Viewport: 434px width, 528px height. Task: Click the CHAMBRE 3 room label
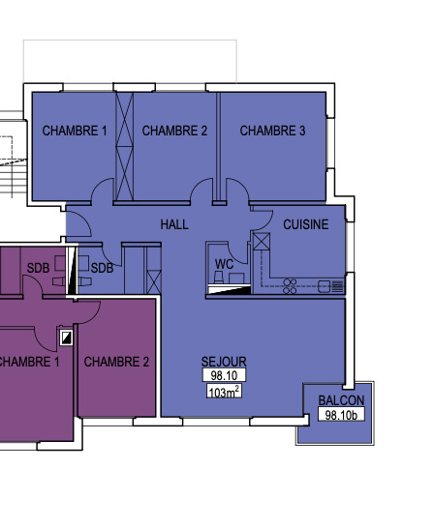coord(272,131)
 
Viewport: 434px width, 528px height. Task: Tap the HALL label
coord(174,224)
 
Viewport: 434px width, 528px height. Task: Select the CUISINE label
coord(306,224)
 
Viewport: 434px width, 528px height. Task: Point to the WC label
coord(224,264)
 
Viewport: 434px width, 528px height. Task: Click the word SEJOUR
coord(224,362)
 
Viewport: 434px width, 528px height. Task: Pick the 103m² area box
coord(224,392)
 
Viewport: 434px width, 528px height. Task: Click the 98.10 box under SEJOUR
coord(224,375)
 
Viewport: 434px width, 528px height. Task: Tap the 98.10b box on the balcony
coord(341,415)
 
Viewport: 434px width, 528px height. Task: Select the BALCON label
coord(341,400)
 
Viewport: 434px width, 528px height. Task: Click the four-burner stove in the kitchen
coord(290,286)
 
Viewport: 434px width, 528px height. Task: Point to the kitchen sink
coord(325,286)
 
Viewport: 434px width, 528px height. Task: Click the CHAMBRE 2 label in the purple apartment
coord(116,362)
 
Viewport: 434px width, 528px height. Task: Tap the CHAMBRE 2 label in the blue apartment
coord(174,131)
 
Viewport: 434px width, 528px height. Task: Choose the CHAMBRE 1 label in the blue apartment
coord(75,131)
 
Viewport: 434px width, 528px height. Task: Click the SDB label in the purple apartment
coord(38,268)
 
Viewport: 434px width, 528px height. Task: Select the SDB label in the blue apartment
coord(102,268)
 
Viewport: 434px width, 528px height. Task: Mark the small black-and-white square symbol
coord(66,337)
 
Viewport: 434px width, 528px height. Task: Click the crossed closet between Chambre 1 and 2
coord(124,146)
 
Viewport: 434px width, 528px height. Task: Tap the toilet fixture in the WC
coord(219,278)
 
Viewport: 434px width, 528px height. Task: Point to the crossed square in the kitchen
coord(262,241)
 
